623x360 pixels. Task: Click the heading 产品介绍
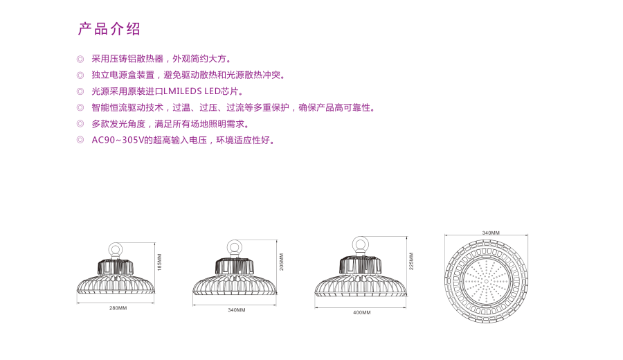109,28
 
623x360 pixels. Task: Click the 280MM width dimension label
118,308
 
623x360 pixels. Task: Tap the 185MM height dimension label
159,262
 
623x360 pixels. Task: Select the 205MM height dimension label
281,262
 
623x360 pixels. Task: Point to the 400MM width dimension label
362,313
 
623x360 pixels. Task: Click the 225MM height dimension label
411,261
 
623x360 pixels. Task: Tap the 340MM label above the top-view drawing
491,233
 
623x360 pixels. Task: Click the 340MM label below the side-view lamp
237,310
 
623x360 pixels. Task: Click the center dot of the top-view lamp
487,281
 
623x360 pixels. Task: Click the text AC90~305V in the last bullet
117,141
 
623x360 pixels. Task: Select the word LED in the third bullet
213,91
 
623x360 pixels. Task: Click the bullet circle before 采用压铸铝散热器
80,60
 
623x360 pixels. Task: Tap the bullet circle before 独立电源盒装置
80,75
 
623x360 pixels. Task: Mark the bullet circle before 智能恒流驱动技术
80,108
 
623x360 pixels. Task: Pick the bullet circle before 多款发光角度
80,124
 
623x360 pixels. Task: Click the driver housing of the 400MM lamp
361,264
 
